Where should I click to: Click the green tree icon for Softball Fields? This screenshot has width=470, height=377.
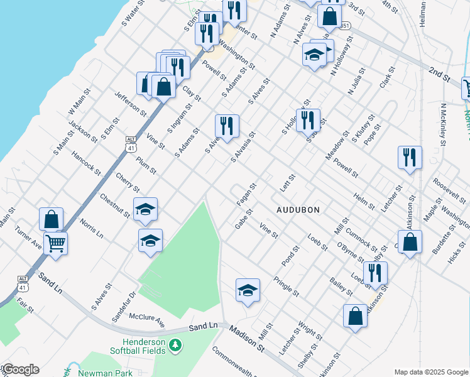click(x=177, y=345)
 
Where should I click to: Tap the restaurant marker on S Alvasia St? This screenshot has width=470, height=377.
click(x=226, y=125)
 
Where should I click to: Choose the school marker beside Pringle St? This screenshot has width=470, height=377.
click(x=248, y=290)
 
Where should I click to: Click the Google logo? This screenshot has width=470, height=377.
click(x=21, y=369)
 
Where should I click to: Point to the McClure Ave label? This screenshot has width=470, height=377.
click(x=146, y=321)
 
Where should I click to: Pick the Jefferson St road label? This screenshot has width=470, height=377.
click(x=130, y=102)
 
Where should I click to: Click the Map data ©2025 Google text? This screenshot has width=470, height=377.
click(x=430, y=372)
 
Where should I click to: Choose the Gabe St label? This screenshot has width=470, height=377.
click(x=244, y=220)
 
